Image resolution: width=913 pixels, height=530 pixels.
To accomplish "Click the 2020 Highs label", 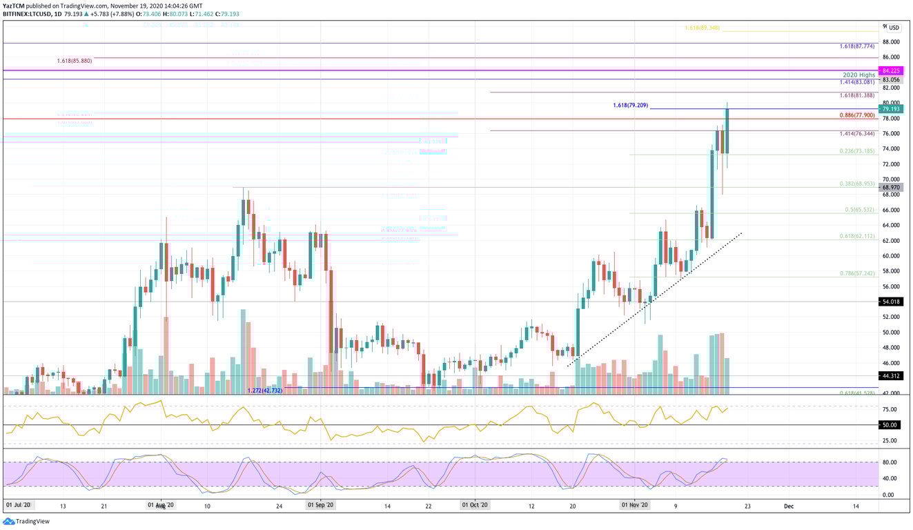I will tap(858, 75).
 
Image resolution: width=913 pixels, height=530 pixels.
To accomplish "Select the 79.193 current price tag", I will tap(893, 108).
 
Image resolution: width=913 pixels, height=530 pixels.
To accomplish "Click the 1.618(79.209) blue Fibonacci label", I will tap(630, 106).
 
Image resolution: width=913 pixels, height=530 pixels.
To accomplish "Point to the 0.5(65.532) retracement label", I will tap(860, 210).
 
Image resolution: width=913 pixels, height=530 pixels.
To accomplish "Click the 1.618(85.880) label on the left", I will tap(74, 61).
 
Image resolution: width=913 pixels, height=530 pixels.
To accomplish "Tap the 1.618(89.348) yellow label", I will tap(702, 28).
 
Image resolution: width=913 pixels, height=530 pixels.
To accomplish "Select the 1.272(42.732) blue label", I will tap(265, 391).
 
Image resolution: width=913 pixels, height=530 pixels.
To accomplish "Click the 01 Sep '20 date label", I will tap(320, 506).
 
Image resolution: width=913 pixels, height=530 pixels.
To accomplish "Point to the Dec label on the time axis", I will tap(789, 506).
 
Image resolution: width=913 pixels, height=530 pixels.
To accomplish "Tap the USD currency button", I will tap(894, 28).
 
